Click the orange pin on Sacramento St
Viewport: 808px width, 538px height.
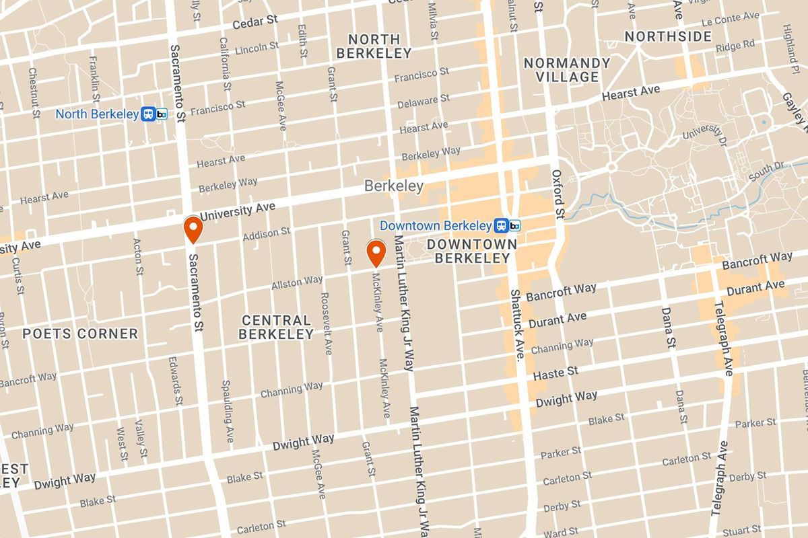pos(193,229)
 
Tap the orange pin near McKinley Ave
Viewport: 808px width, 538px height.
pos(375,253)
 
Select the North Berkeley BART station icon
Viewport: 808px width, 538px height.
pos(154,114)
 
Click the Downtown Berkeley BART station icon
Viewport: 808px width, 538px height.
pos(507,225)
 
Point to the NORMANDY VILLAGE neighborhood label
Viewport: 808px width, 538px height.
pos(566,70)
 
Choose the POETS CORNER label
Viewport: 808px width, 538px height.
pos(80,334)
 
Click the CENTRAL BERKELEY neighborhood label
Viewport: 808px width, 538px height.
pos(277,328)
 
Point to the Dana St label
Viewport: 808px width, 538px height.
pos(669,327)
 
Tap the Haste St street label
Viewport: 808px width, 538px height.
pos(555,373)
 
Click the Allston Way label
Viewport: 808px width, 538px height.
pos(297,283)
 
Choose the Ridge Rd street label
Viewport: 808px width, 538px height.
pos(735,46)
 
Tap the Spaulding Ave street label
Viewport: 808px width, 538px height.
pos(228,412)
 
